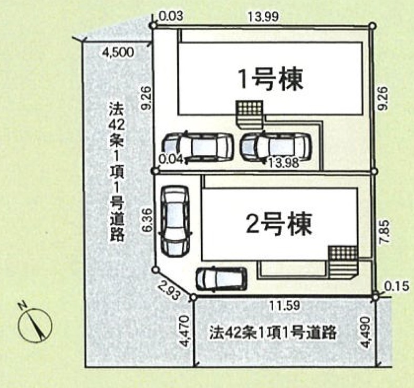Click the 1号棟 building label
(270, 79)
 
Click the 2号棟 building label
(279, 225)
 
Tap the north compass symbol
(35, 324)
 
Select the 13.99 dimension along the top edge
(263, 17)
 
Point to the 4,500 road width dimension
(118, 53)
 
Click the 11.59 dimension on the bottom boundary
(284, 306)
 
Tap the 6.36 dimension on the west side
(148, 220)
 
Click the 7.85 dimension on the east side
(385, 232)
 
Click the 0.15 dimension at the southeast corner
(397, 287)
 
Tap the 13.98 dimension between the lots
(283, 163)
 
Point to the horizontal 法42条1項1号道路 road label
(273, 332)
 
